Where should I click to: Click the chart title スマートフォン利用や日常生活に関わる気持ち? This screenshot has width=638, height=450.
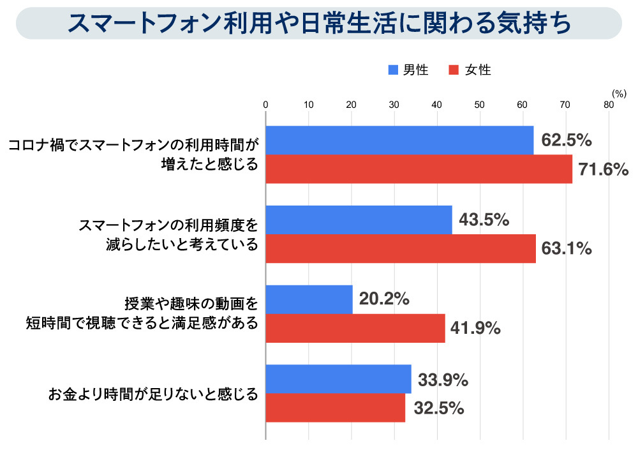[318, 24]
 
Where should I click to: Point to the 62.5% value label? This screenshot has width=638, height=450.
[567, 140]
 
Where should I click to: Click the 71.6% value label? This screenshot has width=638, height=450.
[604, 170]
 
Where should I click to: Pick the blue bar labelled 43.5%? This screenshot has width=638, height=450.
[359, 220]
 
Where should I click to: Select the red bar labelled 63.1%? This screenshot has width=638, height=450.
[401, 249]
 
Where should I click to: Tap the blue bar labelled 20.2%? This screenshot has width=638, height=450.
[309, 299]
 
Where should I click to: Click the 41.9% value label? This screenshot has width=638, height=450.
[475, 329]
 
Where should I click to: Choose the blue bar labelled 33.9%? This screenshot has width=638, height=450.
[338, 379]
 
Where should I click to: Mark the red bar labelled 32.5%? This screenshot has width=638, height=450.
[335, 408]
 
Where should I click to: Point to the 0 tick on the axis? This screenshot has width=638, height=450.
[265, 105]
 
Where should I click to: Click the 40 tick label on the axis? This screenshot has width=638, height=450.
[437, 105]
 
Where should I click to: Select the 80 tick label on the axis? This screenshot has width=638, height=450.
[609, 105]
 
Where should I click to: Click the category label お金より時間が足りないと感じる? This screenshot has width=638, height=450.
[153, 394]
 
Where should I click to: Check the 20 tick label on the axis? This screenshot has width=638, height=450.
[351, 105]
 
